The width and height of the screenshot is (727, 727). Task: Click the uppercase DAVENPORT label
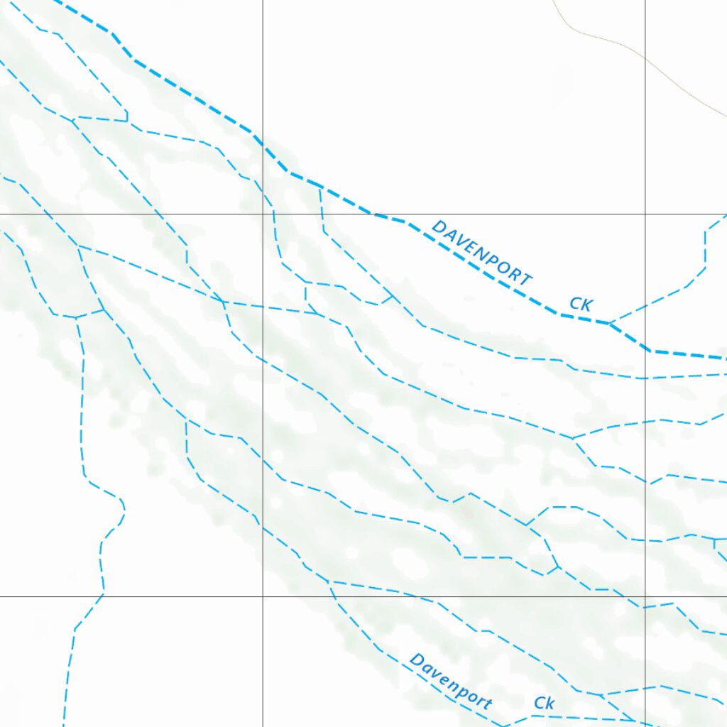(481, 253)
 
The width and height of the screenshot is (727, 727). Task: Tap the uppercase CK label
(581, 305)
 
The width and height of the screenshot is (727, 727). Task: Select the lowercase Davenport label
(450, 682)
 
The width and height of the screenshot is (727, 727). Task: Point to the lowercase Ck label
(544, 703)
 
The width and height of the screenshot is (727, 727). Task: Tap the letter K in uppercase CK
(586, 306)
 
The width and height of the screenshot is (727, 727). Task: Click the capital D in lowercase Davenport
(416, 661)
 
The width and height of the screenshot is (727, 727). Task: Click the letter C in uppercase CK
(575, 303)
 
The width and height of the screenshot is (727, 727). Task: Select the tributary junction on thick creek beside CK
(609, 323)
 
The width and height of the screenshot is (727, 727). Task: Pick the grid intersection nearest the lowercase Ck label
(645, 596)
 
